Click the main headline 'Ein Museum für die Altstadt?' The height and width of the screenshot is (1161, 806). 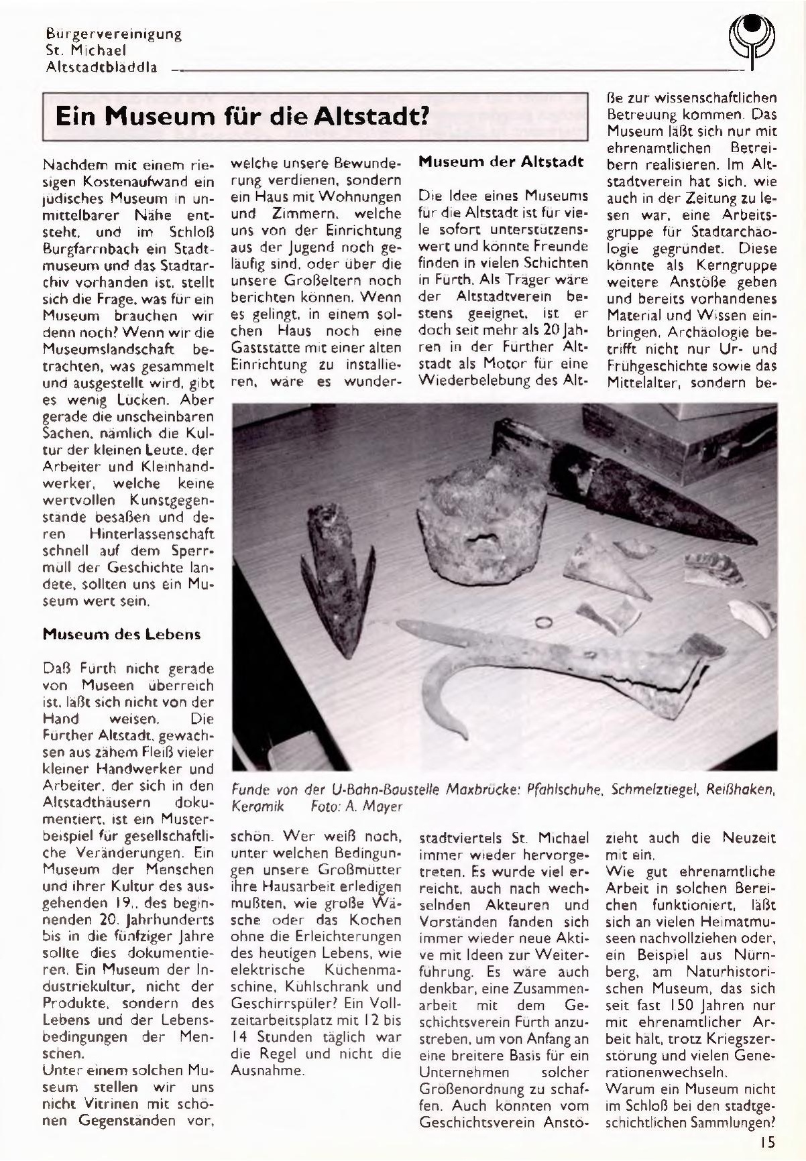point(241,118)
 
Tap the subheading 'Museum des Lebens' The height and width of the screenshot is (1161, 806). point(121,634)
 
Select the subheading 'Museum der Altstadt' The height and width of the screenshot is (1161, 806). point(501,162)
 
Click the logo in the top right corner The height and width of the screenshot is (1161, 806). point(751,40)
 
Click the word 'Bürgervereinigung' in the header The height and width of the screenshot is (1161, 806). point(114,34)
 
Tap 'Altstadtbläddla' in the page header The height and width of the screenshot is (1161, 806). point(102,67)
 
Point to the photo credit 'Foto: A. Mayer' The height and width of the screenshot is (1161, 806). point(357,806)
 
